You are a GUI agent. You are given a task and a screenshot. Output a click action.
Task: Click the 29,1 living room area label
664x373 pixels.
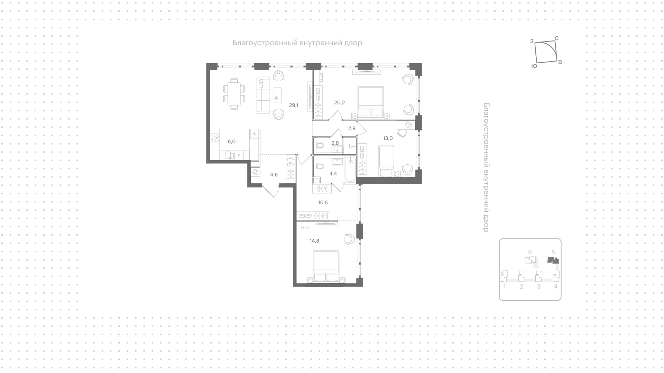pos(294,105)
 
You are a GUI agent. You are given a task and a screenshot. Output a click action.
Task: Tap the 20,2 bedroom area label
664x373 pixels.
pos(339,102)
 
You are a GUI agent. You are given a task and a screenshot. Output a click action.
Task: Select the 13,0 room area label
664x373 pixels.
pos(388,138)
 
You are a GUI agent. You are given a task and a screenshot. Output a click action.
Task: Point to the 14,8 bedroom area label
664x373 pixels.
pos(314,241)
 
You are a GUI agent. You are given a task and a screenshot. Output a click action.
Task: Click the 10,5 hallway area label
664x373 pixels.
pos(323,202)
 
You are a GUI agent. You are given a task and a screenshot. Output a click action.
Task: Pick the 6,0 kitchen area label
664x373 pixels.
pos(231,142)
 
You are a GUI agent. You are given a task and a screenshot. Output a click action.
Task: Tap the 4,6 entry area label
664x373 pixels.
pos(274,175)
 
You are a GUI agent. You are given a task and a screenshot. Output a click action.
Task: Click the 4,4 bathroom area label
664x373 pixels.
pos(333,174)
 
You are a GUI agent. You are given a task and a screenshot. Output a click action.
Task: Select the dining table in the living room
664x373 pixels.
pos(234,94)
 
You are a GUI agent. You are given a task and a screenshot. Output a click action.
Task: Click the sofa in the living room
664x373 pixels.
pos(263,95)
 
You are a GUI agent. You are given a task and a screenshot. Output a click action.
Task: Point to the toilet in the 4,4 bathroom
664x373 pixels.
pos(319,166)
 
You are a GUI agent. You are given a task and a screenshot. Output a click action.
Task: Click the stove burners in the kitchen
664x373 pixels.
pos(215,138)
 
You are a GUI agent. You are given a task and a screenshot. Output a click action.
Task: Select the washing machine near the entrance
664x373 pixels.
pos(255,172)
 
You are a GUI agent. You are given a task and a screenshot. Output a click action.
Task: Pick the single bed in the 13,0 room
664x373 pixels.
pos(387,161)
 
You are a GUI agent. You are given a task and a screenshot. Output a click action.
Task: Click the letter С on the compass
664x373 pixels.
pos(557,38)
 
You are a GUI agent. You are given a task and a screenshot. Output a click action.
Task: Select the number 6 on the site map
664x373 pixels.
pos(530,252)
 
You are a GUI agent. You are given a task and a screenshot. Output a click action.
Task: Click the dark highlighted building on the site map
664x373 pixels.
pos(553,261)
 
